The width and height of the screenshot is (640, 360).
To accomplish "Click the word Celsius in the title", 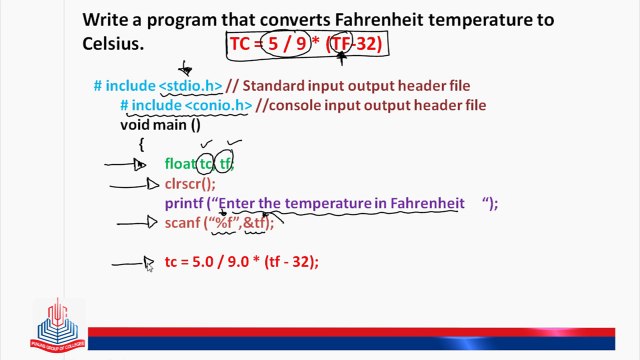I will point(112,44).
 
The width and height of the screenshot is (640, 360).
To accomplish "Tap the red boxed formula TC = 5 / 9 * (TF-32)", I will point(305,44).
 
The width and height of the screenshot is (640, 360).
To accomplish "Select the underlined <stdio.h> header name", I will point(190,86).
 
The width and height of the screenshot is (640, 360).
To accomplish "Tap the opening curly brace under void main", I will point(142,144).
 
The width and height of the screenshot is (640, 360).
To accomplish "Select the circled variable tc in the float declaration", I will point(206,164).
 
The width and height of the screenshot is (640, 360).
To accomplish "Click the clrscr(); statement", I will point(190,183).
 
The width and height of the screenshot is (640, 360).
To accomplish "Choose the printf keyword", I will point(183,203).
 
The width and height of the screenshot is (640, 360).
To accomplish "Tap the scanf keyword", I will point(183,223).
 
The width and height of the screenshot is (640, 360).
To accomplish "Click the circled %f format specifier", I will point(223,223).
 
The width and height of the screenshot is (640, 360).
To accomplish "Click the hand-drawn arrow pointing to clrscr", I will point(135,184).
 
